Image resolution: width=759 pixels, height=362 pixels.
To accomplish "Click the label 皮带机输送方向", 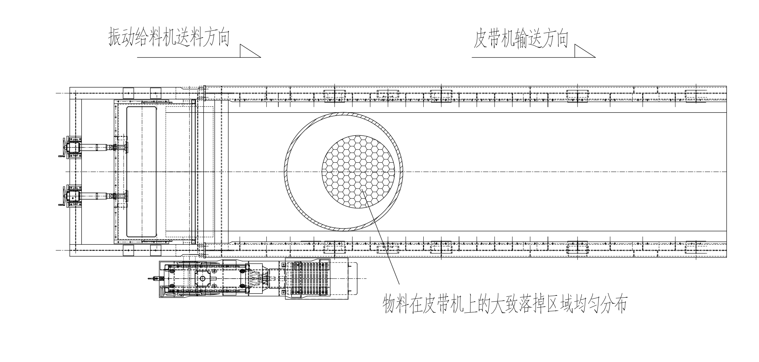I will coord(521,39).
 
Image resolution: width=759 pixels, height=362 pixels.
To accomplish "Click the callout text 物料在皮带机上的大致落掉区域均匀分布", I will coord(504,304).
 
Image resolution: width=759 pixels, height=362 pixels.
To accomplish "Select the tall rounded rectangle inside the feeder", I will coord(141,171).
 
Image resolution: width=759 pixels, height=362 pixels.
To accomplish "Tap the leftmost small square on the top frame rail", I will coord(128,93).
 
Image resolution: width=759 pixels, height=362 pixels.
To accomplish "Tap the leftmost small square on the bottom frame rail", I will coord(128,250).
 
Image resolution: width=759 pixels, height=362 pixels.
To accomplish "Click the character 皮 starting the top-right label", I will coord(480,39).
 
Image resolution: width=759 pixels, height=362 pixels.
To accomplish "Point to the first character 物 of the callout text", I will coord(389,304).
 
